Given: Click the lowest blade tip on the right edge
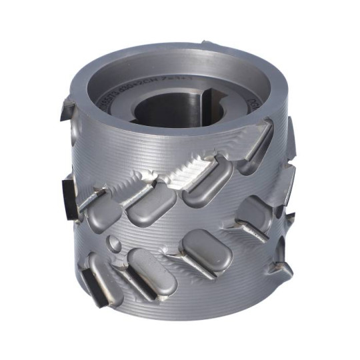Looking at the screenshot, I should coord(283,267).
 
